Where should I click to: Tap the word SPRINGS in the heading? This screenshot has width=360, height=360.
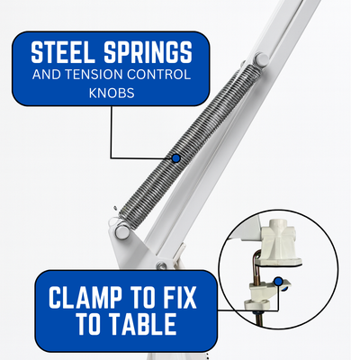coord(148,53)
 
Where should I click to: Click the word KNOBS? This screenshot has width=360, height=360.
coord(112,94)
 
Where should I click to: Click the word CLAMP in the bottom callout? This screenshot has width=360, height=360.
coord(85,297)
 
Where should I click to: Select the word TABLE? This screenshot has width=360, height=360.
coord(142,324)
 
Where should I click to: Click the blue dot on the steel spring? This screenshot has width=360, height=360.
coord(176,158)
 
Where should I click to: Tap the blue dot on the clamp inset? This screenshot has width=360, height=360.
coord(279,281)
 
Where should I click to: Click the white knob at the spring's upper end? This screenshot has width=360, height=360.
coord(261,59)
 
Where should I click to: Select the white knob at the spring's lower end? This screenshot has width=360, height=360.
coord(122,231)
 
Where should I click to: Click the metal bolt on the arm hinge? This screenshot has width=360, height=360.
coord(162,265)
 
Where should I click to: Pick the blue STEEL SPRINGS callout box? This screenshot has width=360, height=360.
coord(111,68)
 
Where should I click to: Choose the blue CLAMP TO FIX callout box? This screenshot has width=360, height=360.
coord(126,310)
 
